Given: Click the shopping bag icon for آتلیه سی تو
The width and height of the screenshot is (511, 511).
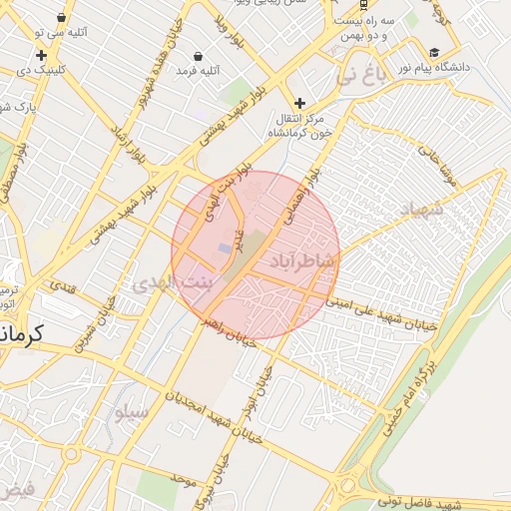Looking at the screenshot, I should click(63, 17).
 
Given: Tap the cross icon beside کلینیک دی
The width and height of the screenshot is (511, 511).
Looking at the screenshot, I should click(41, 55).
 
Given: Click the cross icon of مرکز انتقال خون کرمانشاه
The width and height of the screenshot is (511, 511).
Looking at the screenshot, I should click(299, 103).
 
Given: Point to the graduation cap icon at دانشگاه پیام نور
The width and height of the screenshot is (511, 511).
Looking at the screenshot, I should click(434, 53).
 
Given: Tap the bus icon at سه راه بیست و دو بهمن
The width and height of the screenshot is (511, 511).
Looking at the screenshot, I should click(362, 4).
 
